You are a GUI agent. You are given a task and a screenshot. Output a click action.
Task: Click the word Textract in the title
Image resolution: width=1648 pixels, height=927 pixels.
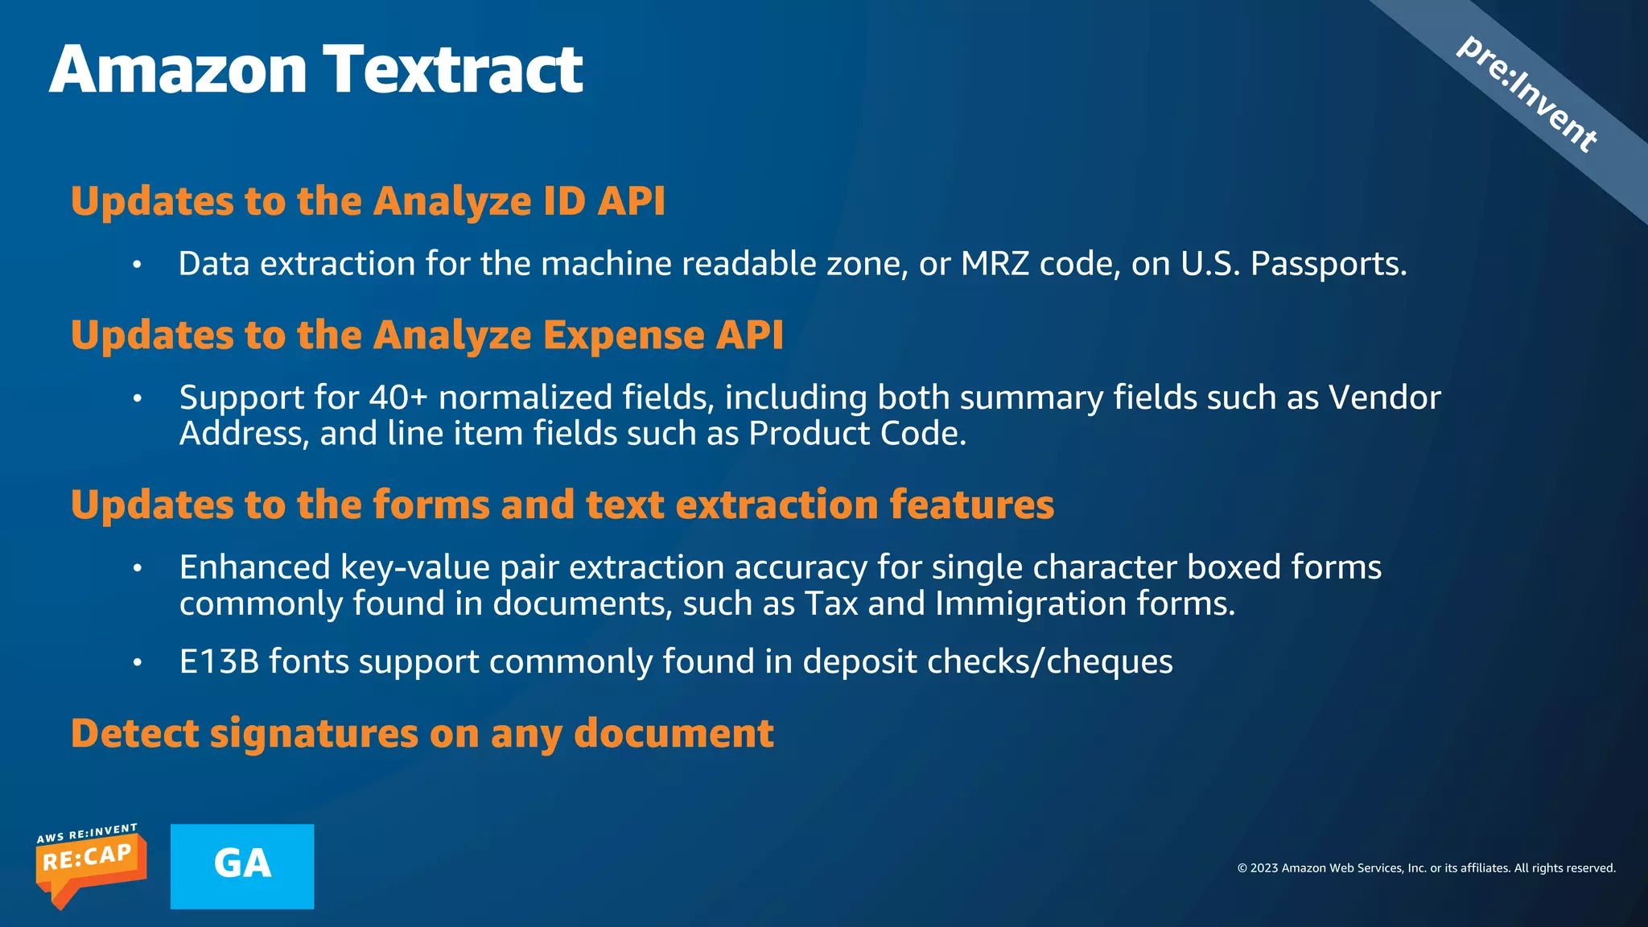coord(453,70)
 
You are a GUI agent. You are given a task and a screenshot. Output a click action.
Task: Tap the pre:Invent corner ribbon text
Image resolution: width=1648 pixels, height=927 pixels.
coord(1526,94)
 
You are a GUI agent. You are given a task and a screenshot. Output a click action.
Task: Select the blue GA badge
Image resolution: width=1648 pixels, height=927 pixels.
coord(242,866)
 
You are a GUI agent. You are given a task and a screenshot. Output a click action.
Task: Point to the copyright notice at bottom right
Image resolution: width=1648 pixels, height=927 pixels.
coord(1426,868)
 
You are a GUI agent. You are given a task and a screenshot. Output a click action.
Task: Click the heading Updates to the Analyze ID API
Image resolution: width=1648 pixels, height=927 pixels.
coord(368,201)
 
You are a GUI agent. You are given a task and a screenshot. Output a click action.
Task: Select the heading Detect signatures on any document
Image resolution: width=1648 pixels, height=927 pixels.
coord(422,733)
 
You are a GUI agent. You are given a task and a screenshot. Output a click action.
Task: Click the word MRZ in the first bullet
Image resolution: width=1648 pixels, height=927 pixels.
coord(995,264)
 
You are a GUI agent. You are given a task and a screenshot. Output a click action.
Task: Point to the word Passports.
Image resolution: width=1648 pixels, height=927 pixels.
coord(1328,264)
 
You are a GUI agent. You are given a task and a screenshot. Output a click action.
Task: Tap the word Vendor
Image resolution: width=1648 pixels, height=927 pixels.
coord(1384,398)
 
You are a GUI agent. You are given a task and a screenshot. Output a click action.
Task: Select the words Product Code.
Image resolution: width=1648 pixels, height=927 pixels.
coord(856,434)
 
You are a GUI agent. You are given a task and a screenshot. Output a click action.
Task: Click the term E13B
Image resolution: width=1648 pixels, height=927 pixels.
coord(219,661)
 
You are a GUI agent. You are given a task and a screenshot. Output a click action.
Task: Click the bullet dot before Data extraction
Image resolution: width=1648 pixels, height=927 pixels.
coord(138,265)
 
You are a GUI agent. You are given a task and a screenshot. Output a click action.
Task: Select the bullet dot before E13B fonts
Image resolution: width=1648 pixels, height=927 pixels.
coord(138,662)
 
